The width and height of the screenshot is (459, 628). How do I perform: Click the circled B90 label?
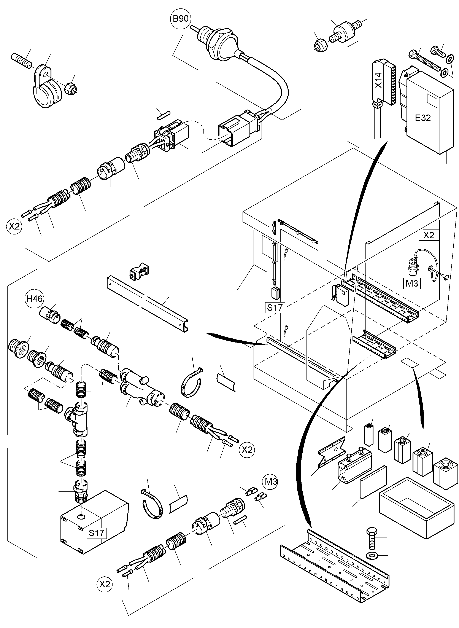tap(181, 19)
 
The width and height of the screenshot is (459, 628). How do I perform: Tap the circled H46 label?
tap(35, 299)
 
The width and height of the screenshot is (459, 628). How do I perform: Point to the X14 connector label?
tap(378, 80)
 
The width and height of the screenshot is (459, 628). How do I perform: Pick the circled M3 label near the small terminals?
tap(271, 481)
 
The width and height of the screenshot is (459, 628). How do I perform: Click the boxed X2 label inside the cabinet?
tap(429, 235)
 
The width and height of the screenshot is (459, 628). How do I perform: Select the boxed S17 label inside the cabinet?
tap(275, 308)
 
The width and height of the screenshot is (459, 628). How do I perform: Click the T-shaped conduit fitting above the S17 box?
tap(79, 422)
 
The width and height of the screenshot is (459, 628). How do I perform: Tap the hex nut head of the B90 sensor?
tap(220, 44)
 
